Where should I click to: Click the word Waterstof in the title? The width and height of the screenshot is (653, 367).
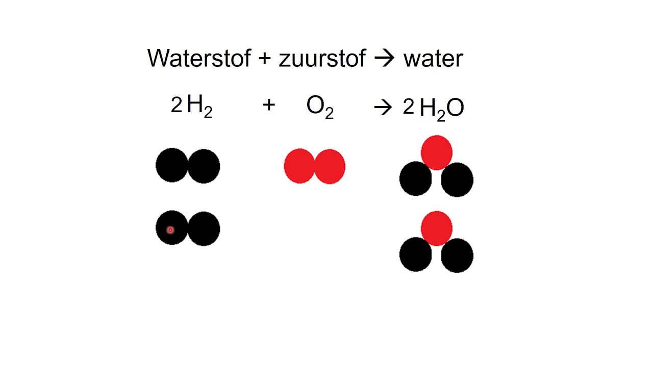point(199,58)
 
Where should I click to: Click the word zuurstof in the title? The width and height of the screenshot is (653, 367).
point(322,58)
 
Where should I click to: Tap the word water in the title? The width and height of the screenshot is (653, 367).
point(433,59)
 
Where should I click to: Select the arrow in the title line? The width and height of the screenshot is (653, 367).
point(384,58)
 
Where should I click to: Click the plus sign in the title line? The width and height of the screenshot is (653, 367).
point(265,58)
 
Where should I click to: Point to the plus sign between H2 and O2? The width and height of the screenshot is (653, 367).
point(269,105)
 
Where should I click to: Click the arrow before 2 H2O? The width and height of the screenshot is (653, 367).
point(383,108)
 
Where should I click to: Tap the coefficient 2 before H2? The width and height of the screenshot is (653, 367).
point(177,104)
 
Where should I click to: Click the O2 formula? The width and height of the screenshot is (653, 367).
point(320,107)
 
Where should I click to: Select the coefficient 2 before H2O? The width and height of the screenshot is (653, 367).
point(409,107)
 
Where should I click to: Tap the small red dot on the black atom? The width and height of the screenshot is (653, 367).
point(170,230)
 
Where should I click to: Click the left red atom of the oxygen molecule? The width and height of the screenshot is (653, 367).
point(299,166)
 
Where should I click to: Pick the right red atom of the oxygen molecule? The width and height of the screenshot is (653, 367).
point(330,166)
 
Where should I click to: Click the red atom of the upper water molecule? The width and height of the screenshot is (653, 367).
point(437,152)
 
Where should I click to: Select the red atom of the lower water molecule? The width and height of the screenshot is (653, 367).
point(437,228)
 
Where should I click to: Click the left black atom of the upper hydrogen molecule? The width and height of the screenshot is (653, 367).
point(172,165)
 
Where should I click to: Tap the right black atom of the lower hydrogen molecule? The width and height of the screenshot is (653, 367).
point(204,229)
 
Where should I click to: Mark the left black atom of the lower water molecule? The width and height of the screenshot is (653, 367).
point(415,254)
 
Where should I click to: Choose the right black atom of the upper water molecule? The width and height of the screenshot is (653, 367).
point(457,180)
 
